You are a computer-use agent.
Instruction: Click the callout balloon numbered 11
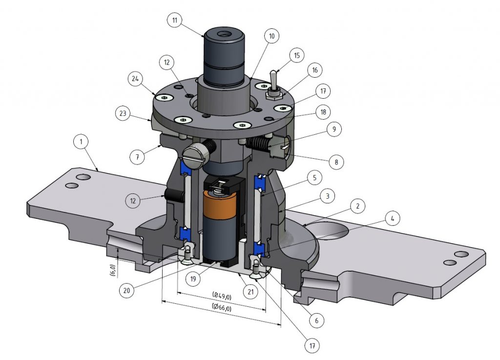coord(175,21)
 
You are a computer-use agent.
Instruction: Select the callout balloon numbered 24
coord(135,79)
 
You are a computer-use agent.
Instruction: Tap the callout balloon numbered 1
coord(81,142)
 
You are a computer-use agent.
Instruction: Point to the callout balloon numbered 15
coord(297,56)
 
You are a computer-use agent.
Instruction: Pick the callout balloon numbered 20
coord(126,291)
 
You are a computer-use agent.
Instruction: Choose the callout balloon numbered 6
coord(316,320)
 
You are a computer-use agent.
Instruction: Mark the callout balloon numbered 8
coord(336,162)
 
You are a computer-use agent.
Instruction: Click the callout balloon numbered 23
coord(123,113)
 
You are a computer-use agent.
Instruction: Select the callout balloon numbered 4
coord(392,218)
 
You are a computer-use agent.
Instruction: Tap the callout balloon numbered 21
coord(250,292)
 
